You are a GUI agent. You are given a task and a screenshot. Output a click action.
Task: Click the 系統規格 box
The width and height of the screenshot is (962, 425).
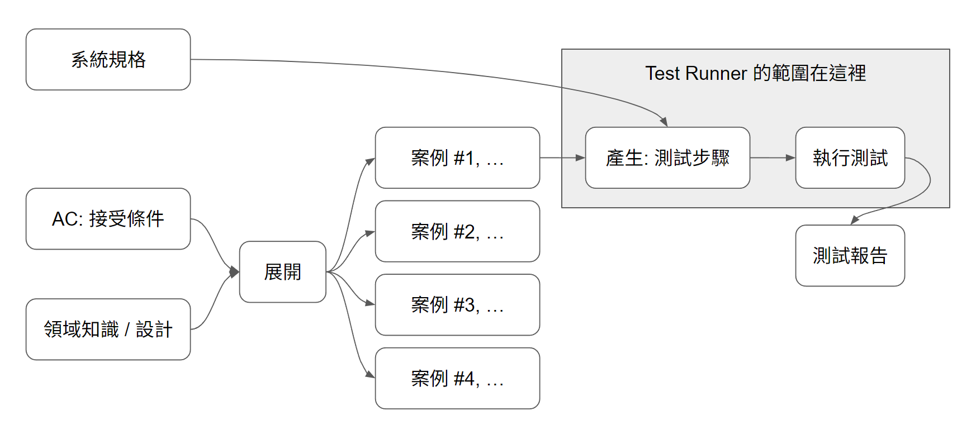[x=108, y=59]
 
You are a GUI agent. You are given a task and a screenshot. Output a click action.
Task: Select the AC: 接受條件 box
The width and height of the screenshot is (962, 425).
[x=108, y=218]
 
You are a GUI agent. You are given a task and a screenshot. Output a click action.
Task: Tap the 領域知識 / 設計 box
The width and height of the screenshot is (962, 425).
[x=108, y=329]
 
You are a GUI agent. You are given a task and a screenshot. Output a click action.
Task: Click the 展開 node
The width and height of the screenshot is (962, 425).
[x=282, y=272]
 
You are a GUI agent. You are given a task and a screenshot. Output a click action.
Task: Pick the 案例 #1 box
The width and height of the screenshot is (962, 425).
[x=457, y=157]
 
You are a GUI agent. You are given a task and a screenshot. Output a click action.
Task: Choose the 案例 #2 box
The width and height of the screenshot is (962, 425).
[x=457, y=231]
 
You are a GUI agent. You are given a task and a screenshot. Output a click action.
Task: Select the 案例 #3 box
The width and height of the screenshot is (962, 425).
[x=457, y=304]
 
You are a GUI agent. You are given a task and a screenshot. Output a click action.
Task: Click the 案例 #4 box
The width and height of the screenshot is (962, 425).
[x=457, y=378]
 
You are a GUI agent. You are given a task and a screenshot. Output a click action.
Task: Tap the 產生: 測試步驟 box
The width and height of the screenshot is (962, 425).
[x=667, y=157]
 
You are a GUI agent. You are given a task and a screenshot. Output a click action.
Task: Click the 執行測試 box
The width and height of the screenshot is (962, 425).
[x=850, y=157]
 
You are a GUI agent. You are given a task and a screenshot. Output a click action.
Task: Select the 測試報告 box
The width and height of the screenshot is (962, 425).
[x=850, y=255]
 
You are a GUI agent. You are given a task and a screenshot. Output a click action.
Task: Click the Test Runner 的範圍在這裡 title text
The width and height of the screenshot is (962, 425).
[x=755, y=73]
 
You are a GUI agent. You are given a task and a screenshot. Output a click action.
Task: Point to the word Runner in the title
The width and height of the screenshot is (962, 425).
[x=715, y=73]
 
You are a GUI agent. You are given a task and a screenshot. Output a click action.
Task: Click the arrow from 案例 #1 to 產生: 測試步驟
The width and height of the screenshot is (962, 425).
[x=562, y=158]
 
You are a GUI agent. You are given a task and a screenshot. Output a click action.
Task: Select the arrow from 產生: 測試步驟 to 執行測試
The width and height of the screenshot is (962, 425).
[x=772, y=158]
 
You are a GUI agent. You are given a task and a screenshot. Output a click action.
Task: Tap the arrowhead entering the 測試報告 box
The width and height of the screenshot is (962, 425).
[x=855, y=220]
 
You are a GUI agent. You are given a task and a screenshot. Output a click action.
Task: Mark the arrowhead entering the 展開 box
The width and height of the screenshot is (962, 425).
[x=235, y=272]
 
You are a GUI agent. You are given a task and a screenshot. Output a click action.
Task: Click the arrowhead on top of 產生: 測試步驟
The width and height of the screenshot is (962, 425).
[x=664, y=122]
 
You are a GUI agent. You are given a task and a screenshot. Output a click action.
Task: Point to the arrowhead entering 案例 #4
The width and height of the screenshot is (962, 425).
[x=369, y=374]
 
